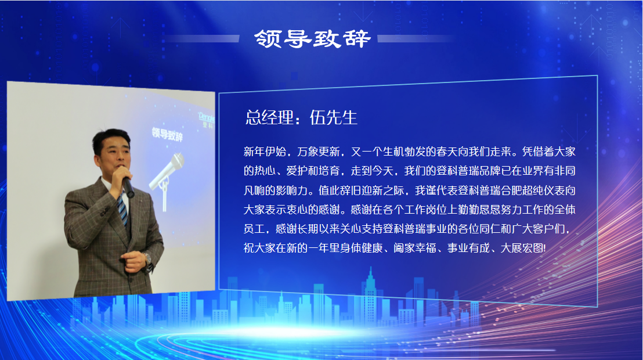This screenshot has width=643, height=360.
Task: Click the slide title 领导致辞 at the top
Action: point(312,38)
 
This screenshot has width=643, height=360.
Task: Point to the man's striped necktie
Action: point(122,209)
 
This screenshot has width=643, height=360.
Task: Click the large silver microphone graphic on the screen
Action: point(167,169)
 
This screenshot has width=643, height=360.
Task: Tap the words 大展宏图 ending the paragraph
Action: point(524,248)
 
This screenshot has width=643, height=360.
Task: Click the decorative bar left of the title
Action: point(200,39)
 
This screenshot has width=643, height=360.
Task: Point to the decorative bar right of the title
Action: point(416,39)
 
